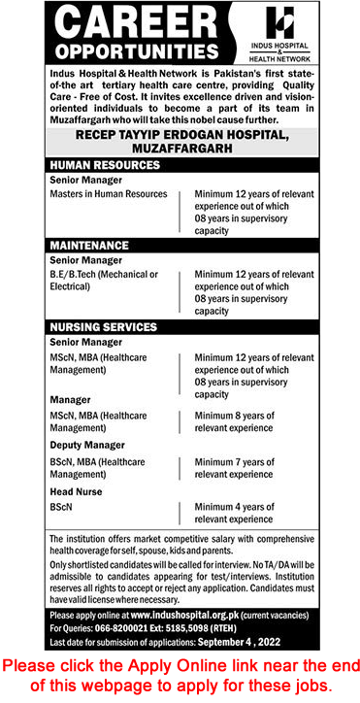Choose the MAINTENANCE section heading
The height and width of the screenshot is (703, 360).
tap(84, 246)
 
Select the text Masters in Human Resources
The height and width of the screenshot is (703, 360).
tap(108, 194)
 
